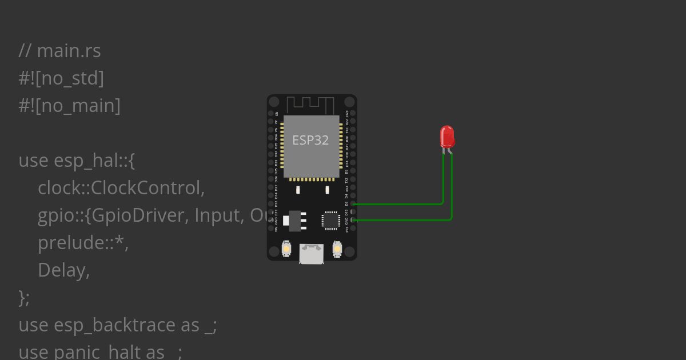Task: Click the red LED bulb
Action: [x=447, y=137]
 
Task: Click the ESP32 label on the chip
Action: [x=310, y=140]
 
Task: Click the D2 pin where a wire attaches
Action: [x=353, y=203]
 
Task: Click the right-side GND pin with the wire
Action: [x=353, y=219]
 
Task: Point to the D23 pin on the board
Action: [x=353, y=113]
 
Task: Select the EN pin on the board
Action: [x=271, y=113]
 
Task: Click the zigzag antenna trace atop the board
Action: [x=310, y=105]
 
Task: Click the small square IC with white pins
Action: [x=331, y=220]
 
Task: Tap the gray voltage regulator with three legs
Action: [x=296, y=221]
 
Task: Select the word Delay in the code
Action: [x=63, y=270]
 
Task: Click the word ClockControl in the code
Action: [x=147, y=187]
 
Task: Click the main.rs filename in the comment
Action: [x=69, y=51]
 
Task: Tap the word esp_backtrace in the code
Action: [x=114, y=325]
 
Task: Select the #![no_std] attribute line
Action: [x=61, y=78]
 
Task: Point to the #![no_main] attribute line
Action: [x=69, y=106]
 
